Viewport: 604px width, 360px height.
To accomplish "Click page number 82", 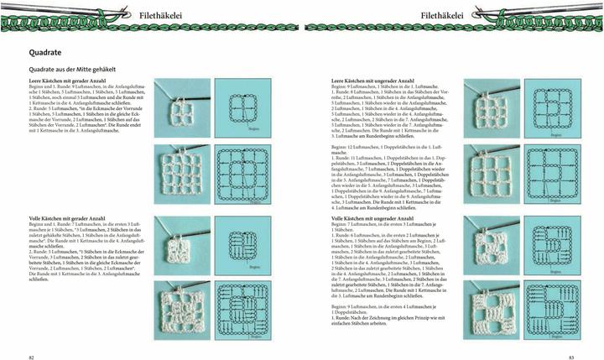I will pos(31,356).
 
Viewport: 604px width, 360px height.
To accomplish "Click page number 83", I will pos(570,356).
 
